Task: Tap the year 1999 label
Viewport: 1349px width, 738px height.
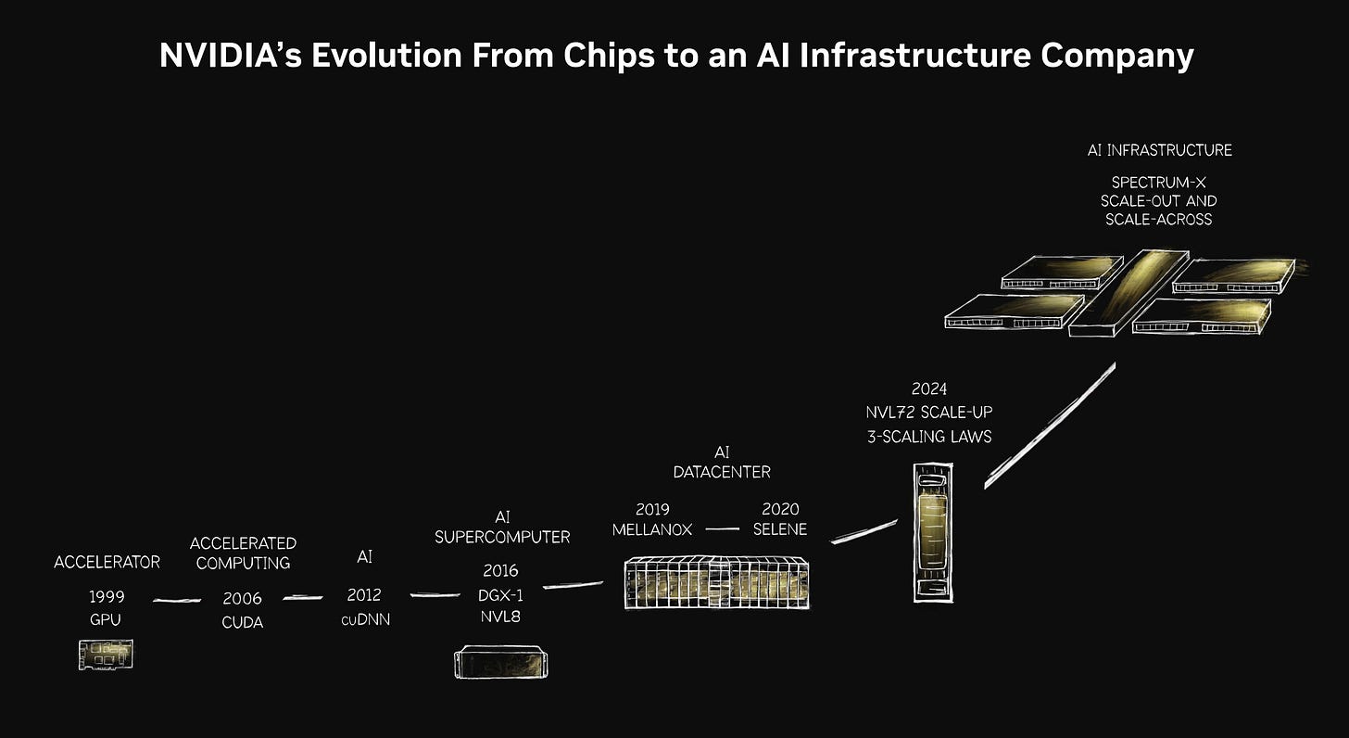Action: (107, 596)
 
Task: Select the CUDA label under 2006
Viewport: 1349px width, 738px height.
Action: (242, 622)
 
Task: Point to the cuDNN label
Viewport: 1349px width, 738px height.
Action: (366, 619)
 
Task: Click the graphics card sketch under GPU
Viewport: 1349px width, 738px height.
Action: (106, 655)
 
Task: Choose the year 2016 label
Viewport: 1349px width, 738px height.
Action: (500, 570)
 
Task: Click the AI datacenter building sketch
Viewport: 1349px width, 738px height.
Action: (716, 582)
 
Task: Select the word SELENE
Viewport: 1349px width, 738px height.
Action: (779, 529)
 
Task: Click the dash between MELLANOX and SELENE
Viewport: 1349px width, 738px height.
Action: (722, 529)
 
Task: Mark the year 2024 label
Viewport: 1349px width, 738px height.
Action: (928, 389)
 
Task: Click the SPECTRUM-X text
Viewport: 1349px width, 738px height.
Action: (1158, 182)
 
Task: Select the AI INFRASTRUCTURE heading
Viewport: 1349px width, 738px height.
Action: (1159, 149)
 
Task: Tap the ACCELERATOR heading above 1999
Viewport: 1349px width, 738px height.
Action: (107, 562)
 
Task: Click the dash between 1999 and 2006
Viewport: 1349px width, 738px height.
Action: (176, 601)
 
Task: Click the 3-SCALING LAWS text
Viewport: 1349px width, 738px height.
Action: (929, 435)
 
